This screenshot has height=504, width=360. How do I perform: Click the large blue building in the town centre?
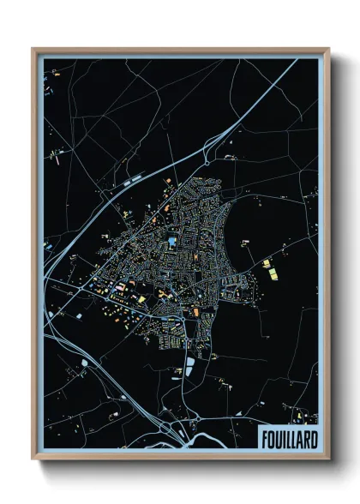[x=172, y=243]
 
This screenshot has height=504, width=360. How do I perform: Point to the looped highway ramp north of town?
[x=208, y=155]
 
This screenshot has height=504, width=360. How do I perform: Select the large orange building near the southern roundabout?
[x=196, y=312]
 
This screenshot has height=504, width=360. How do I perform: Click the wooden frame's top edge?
[x=180, y=51]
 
